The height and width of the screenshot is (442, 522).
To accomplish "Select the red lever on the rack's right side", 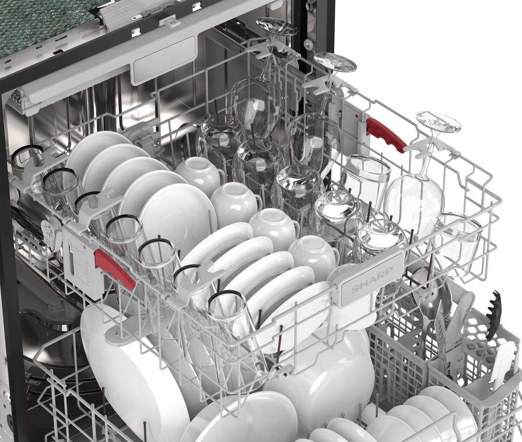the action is coord(386,135).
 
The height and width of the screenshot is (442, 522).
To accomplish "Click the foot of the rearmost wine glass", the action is coord(276,26).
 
